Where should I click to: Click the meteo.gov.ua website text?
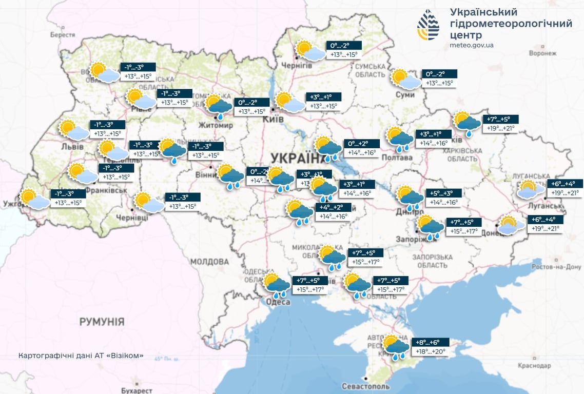click(471, 45)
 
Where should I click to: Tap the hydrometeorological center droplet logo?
click(428, 25)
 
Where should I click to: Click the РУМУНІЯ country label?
click(102, 322)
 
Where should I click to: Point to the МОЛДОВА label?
click(209, 262)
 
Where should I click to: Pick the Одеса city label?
click(278, 302)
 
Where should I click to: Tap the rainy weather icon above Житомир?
click(219, 106)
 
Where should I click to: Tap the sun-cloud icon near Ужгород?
click(34, 199)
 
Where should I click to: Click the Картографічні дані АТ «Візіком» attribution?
click(81, 356)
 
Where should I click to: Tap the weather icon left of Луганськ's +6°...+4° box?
click(530, 189)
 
